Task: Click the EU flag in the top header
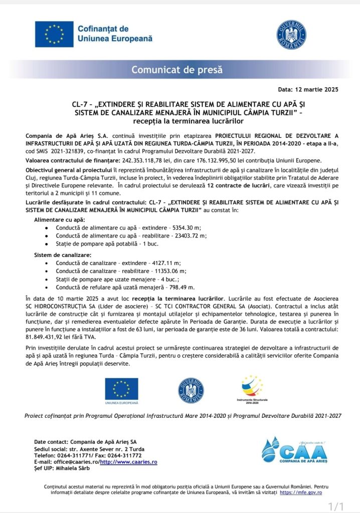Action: coord(54,34)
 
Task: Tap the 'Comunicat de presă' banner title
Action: coord(177,70)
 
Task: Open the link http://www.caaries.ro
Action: coord(128,462)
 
